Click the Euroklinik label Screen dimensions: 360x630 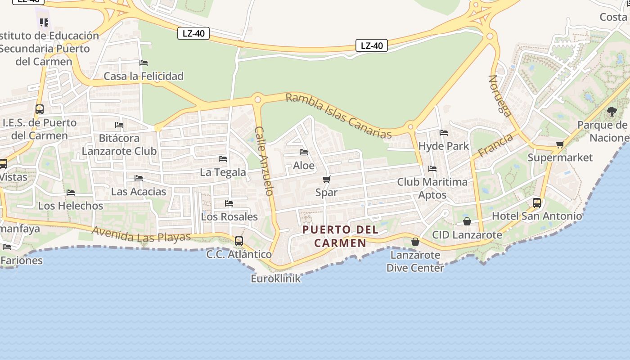pyautogui.click(x=275, y=279)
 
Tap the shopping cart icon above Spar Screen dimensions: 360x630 pyautogui.click(x=327, y=180)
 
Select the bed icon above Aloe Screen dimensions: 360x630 pyautogui.click(x=304, y=152)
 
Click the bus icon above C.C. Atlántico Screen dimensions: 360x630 pyautogui.click(x=239, y=241)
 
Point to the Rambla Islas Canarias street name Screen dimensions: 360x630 pyautogui.click(x=338, y=116)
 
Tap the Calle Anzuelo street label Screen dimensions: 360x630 pyautogui.click(x=264, y=161)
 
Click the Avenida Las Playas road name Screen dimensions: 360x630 pyautogui.click(x=141, y=234)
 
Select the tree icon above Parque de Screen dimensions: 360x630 pyautogui.click(x=612, y=112)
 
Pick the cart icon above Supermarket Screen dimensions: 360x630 pyautogui.click(x=560, y=145)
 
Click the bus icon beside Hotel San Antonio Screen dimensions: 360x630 pyautogui.click(x=537, y=203)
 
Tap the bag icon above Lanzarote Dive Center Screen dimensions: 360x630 pyautogui.click(x=415, y=242)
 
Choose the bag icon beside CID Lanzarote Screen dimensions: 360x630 pyautogui.click(x=467, y=221)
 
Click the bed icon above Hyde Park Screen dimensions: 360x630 pyautogui.click(x=444, y=133)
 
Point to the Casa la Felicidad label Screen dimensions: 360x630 pyautogui.click(x=144, y=76)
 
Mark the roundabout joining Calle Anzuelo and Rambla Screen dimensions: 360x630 pyautogui.click(x=258, y=99)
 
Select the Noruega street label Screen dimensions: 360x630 pyautogui.click(x=499, y=96)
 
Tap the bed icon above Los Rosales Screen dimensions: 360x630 pyautogui.click(x=229, y=203)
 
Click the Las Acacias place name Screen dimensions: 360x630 pyautogui.click(x=139, y=192)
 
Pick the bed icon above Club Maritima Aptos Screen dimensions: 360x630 pyautogui.click(x=432, y=169)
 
